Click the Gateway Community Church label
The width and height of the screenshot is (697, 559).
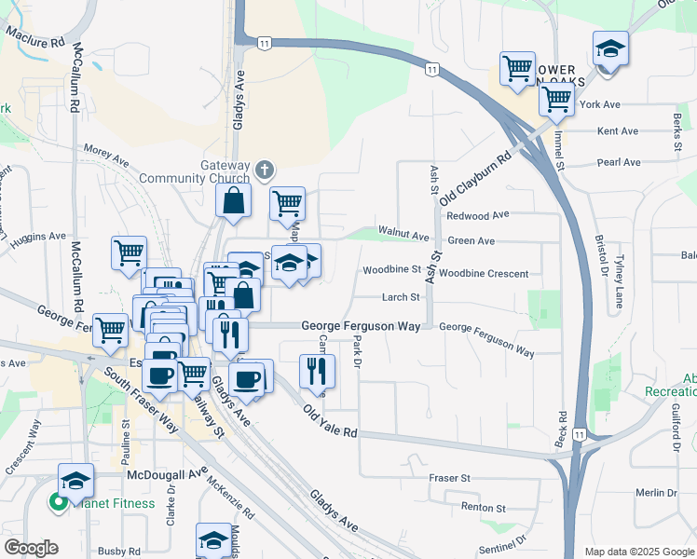(194, 171)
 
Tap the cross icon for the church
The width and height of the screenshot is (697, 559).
(265, 170)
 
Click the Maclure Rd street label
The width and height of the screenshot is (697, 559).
(36, 37)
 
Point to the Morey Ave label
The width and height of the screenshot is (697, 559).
(105, 154)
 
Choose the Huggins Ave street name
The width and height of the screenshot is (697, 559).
(39, 237)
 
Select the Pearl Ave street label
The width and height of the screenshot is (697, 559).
(619, 162)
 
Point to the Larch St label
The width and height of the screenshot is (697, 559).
(402, 298)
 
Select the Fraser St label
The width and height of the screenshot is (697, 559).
(449, 478)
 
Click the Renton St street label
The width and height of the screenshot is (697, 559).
(483, 509)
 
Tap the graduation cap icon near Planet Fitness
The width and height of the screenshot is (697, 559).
(76, 481)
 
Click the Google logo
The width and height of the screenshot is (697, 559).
(31, 548)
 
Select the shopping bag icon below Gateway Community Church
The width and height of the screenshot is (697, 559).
(232, 199)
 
